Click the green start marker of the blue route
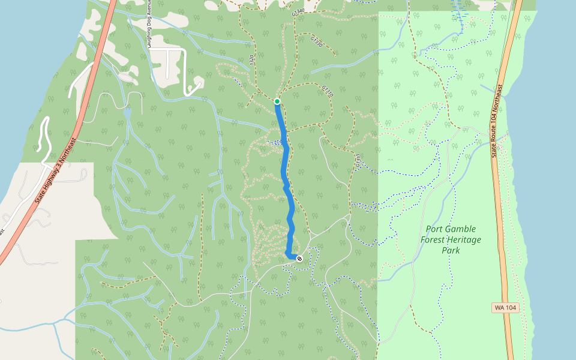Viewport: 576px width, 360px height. [x=277, y=101]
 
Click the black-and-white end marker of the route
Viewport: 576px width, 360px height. [x=299, y=259]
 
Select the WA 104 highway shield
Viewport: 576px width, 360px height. [x=504, y=308]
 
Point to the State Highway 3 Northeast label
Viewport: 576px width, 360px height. [x=56, y=169]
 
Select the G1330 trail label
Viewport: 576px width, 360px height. [x=317, y=41]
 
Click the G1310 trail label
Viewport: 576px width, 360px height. [x=327, y=91]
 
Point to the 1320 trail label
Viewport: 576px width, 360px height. [x=251, y=59]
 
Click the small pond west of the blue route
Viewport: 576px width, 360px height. [x=127, y=113]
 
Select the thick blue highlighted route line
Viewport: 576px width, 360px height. [x=287, y=180]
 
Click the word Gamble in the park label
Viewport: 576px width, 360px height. [x=461, y=229]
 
